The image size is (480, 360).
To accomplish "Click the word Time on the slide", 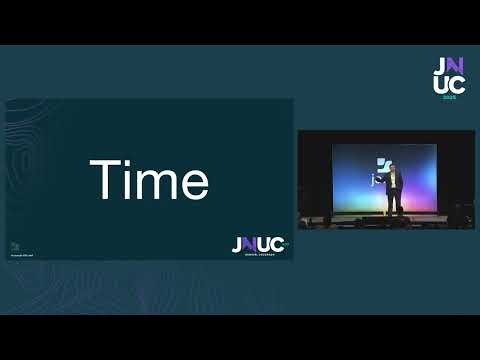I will pos(149,181).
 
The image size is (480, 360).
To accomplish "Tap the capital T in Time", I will pos(102,180).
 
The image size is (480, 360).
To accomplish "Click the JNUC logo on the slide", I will pos(257,244).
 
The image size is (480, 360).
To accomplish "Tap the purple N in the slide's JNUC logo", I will pos(250,244).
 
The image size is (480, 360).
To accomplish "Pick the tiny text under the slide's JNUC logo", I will pos(258,254).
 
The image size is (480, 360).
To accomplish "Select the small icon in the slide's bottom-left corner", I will pos(14,245).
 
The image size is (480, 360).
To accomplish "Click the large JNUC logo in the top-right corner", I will pos(449,76).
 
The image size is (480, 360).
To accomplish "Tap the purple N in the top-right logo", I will pos(457,66).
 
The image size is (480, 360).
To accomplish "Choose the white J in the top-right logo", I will pos(441,66).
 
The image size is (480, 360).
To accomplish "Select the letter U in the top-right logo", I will pos(441,87).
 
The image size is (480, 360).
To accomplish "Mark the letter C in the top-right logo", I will pos(458,87).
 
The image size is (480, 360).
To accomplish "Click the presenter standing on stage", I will pos(394,190).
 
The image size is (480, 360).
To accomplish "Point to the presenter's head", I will pos(394,169).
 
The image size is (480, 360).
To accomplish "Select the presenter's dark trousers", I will pos(394,203).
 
